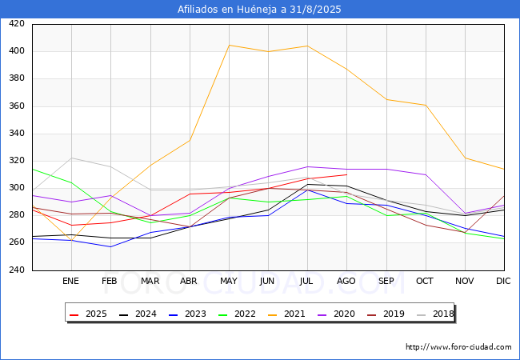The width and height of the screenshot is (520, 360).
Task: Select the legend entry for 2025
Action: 88,314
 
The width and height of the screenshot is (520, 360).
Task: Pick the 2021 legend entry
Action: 286,314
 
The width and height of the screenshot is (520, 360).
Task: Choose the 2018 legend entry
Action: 435,314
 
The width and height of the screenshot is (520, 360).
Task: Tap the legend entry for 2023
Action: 187,314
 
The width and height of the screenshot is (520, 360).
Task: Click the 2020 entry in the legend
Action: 336,314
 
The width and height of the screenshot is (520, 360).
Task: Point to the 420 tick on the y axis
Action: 17,23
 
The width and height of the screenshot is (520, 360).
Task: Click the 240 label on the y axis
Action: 17,270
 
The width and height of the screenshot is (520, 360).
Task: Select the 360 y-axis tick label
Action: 17,106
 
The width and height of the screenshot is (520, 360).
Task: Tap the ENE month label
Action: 70,281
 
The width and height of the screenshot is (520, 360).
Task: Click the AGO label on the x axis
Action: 346,281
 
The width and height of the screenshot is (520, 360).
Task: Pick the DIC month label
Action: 503,281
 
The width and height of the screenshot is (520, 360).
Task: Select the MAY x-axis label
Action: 229,281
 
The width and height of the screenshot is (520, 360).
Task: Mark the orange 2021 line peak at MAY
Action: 229,45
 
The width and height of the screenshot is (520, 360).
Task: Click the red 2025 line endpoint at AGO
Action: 347,174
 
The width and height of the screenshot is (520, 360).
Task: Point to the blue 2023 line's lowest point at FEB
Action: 110,246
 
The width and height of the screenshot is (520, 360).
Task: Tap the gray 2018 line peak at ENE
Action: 72,158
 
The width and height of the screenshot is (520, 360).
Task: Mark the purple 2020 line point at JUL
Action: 308,166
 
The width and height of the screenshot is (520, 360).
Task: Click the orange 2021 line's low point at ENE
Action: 72,240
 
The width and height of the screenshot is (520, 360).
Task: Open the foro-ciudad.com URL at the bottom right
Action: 458,347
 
